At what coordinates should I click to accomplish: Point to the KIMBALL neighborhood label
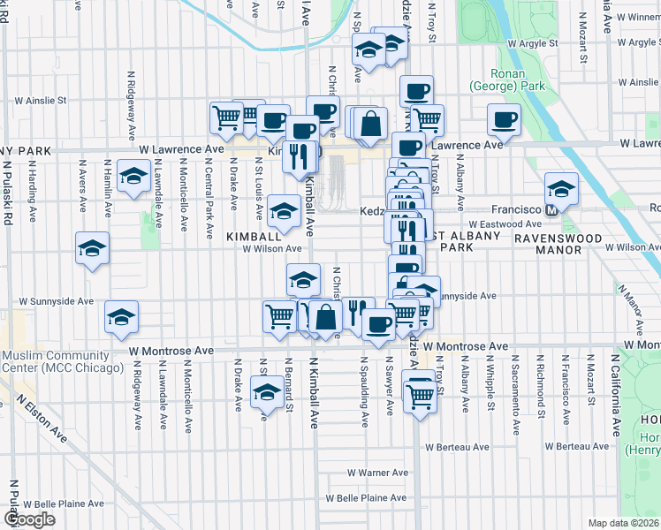pos(253,237)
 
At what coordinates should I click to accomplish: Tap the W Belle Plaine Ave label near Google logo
pos(57,504)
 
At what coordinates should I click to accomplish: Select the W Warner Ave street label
pos(377,473)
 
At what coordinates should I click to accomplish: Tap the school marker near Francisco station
pos(560,187)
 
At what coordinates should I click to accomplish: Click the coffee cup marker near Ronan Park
pos(505,119)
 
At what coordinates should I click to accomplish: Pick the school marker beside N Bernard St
pos(264,394)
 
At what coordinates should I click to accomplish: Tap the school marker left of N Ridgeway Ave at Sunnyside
pos(121,317)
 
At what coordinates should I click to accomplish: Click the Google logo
pos(29,519)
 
